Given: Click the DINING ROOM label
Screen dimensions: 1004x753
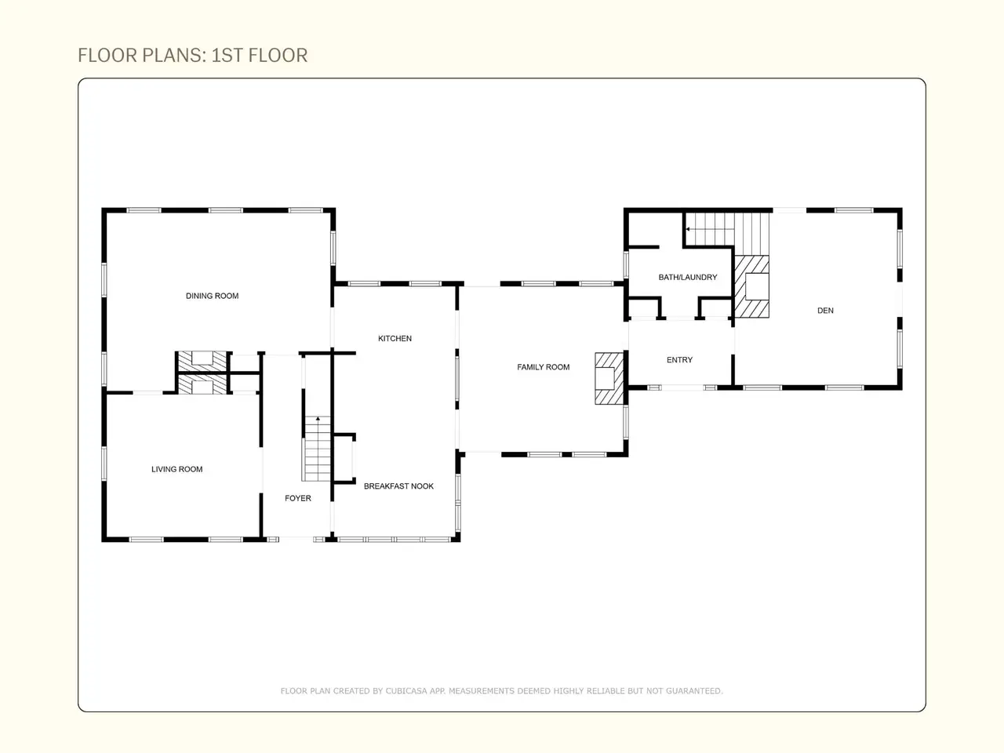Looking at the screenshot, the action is (213, 296).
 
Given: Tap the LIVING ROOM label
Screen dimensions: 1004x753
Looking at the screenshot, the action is (177, 469).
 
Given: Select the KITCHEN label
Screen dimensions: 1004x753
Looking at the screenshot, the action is (395, 338).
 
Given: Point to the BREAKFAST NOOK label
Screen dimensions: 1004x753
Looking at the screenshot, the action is (399, 486).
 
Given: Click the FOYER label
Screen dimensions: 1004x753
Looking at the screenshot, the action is (298, 498).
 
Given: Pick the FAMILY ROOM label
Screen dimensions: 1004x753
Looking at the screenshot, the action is (544, 367).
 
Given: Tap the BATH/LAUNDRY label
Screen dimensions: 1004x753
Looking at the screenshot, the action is (688, 277).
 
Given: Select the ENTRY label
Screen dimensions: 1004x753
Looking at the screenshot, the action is (680, 360).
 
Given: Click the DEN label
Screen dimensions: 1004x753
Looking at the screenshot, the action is (826, 311).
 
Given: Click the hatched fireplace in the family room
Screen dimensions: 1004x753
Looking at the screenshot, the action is (609, 378).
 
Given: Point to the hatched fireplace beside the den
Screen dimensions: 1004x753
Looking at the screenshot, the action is (751, 286).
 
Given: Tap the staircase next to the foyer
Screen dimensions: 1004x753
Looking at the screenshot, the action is (316, 449).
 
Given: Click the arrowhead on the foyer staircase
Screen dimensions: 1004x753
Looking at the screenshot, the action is (318, 418).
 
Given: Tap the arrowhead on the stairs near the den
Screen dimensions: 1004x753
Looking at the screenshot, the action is (688, 229).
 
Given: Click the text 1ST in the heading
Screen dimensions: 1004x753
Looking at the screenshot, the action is (227, 56).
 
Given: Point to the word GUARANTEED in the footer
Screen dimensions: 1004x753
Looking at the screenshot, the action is (694, 691).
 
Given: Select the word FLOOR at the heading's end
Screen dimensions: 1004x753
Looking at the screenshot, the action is (278, 56).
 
